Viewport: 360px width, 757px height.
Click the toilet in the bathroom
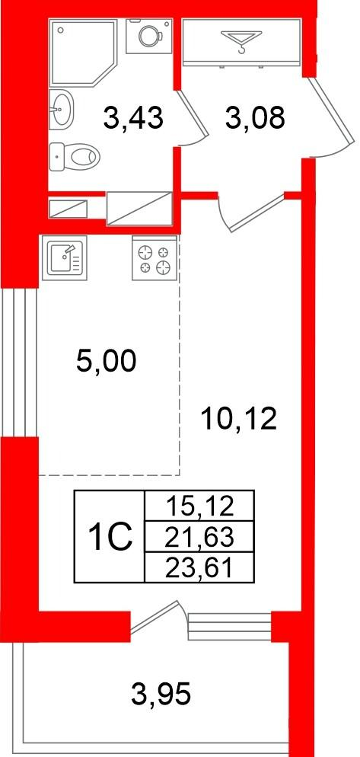pos(75,156)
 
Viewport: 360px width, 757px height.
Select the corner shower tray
pos(84,52)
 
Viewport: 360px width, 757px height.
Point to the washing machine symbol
pos(149,37)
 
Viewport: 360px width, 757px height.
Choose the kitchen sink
pos(64,257)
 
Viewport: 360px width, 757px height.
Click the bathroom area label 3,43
pos(132,118)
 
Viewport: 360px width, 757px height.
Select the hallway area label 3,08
pos(255,118)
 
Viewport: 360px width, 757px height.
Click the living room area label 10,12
pos(239,419)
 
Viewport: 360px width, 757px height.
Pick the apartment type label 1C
pos(110,536)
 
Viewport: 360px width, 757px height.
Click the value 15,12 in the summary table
pos(199,506)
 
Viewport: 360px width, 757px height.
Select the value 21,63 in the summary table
pos(199,536)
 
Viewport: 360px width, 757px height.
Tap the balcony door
pos(157,617)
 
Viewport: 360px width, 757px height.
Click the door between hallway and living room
pos(251,212)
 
